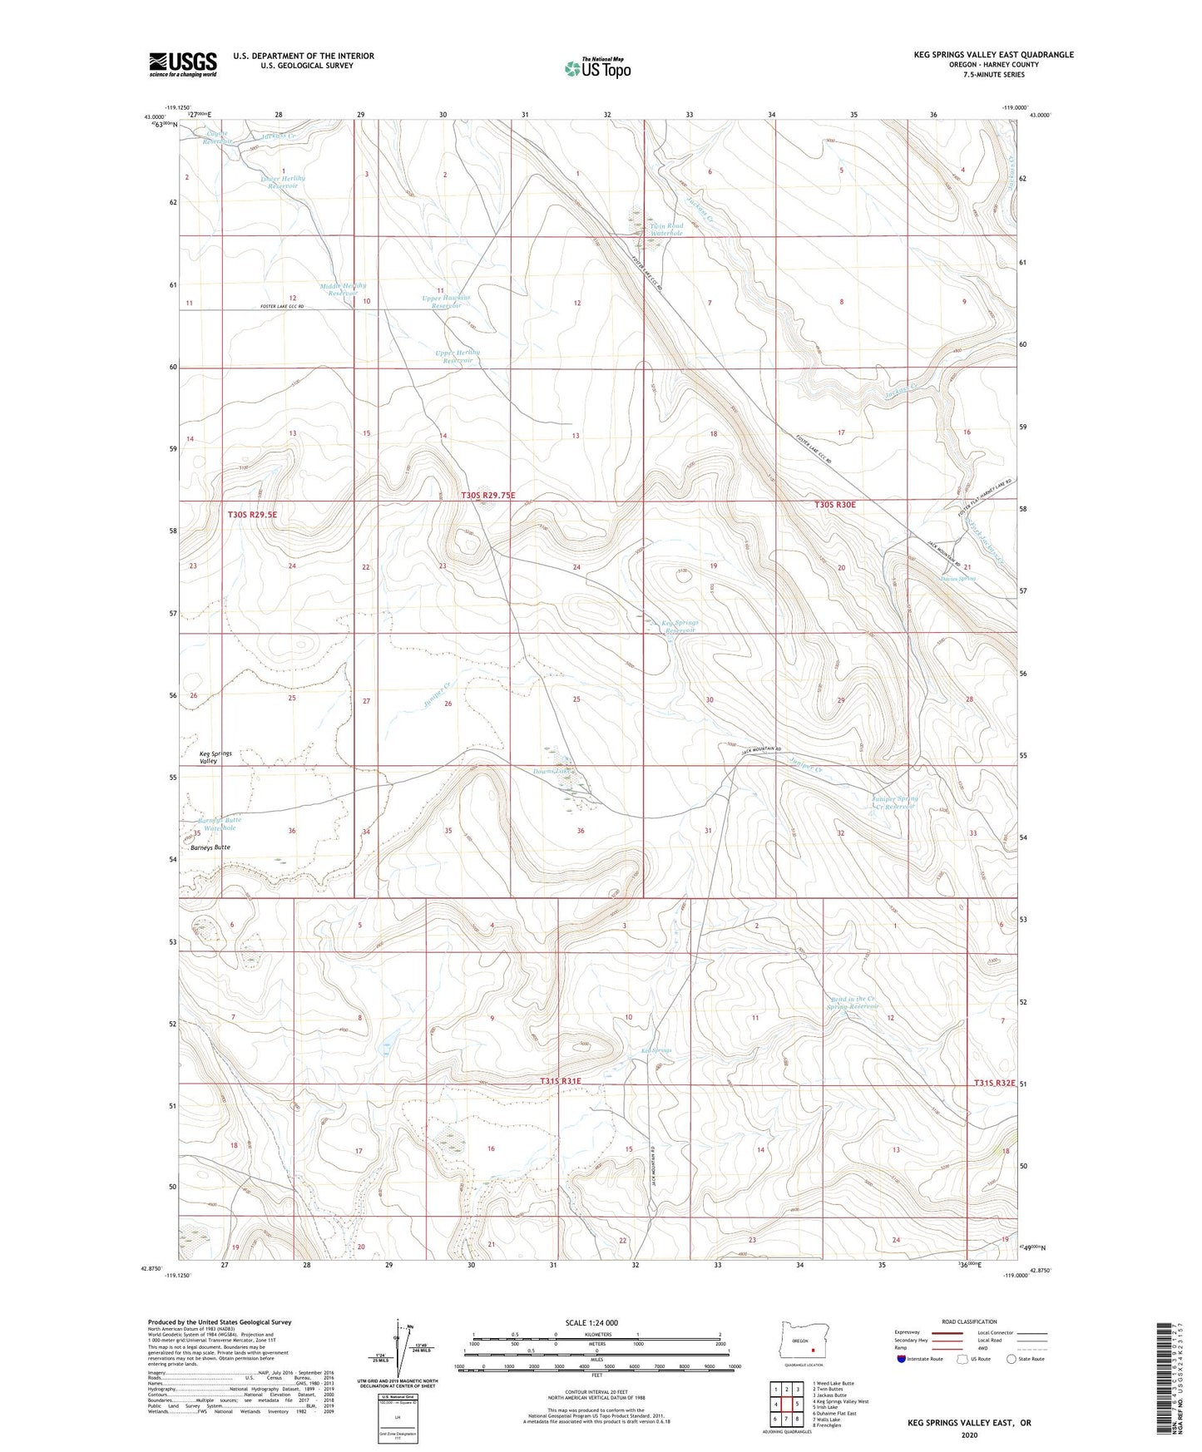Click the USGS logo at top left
(182, 63)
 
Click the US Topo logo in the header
(596, 67)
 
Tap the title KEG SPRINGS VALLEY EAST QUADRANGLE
(993, 55)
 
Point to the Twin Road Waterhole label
(666, 230)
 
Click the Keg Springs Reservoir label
(680, 626)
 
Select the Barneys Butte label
(210, 847)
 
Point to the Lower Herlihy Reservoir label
(279, 181)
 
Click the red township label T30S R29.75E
(488, 496)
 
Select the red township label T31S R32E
(995, 1083)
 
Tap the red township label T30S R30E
(834, 505)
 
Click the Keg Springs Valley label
(215, 757)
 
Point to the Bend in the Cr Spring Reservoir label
(853, 1003)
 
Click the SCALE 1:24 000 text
(591, 1323)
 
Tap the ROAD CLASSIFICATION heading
(970, 1321)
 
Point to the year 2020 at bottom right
(969, 1435)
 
